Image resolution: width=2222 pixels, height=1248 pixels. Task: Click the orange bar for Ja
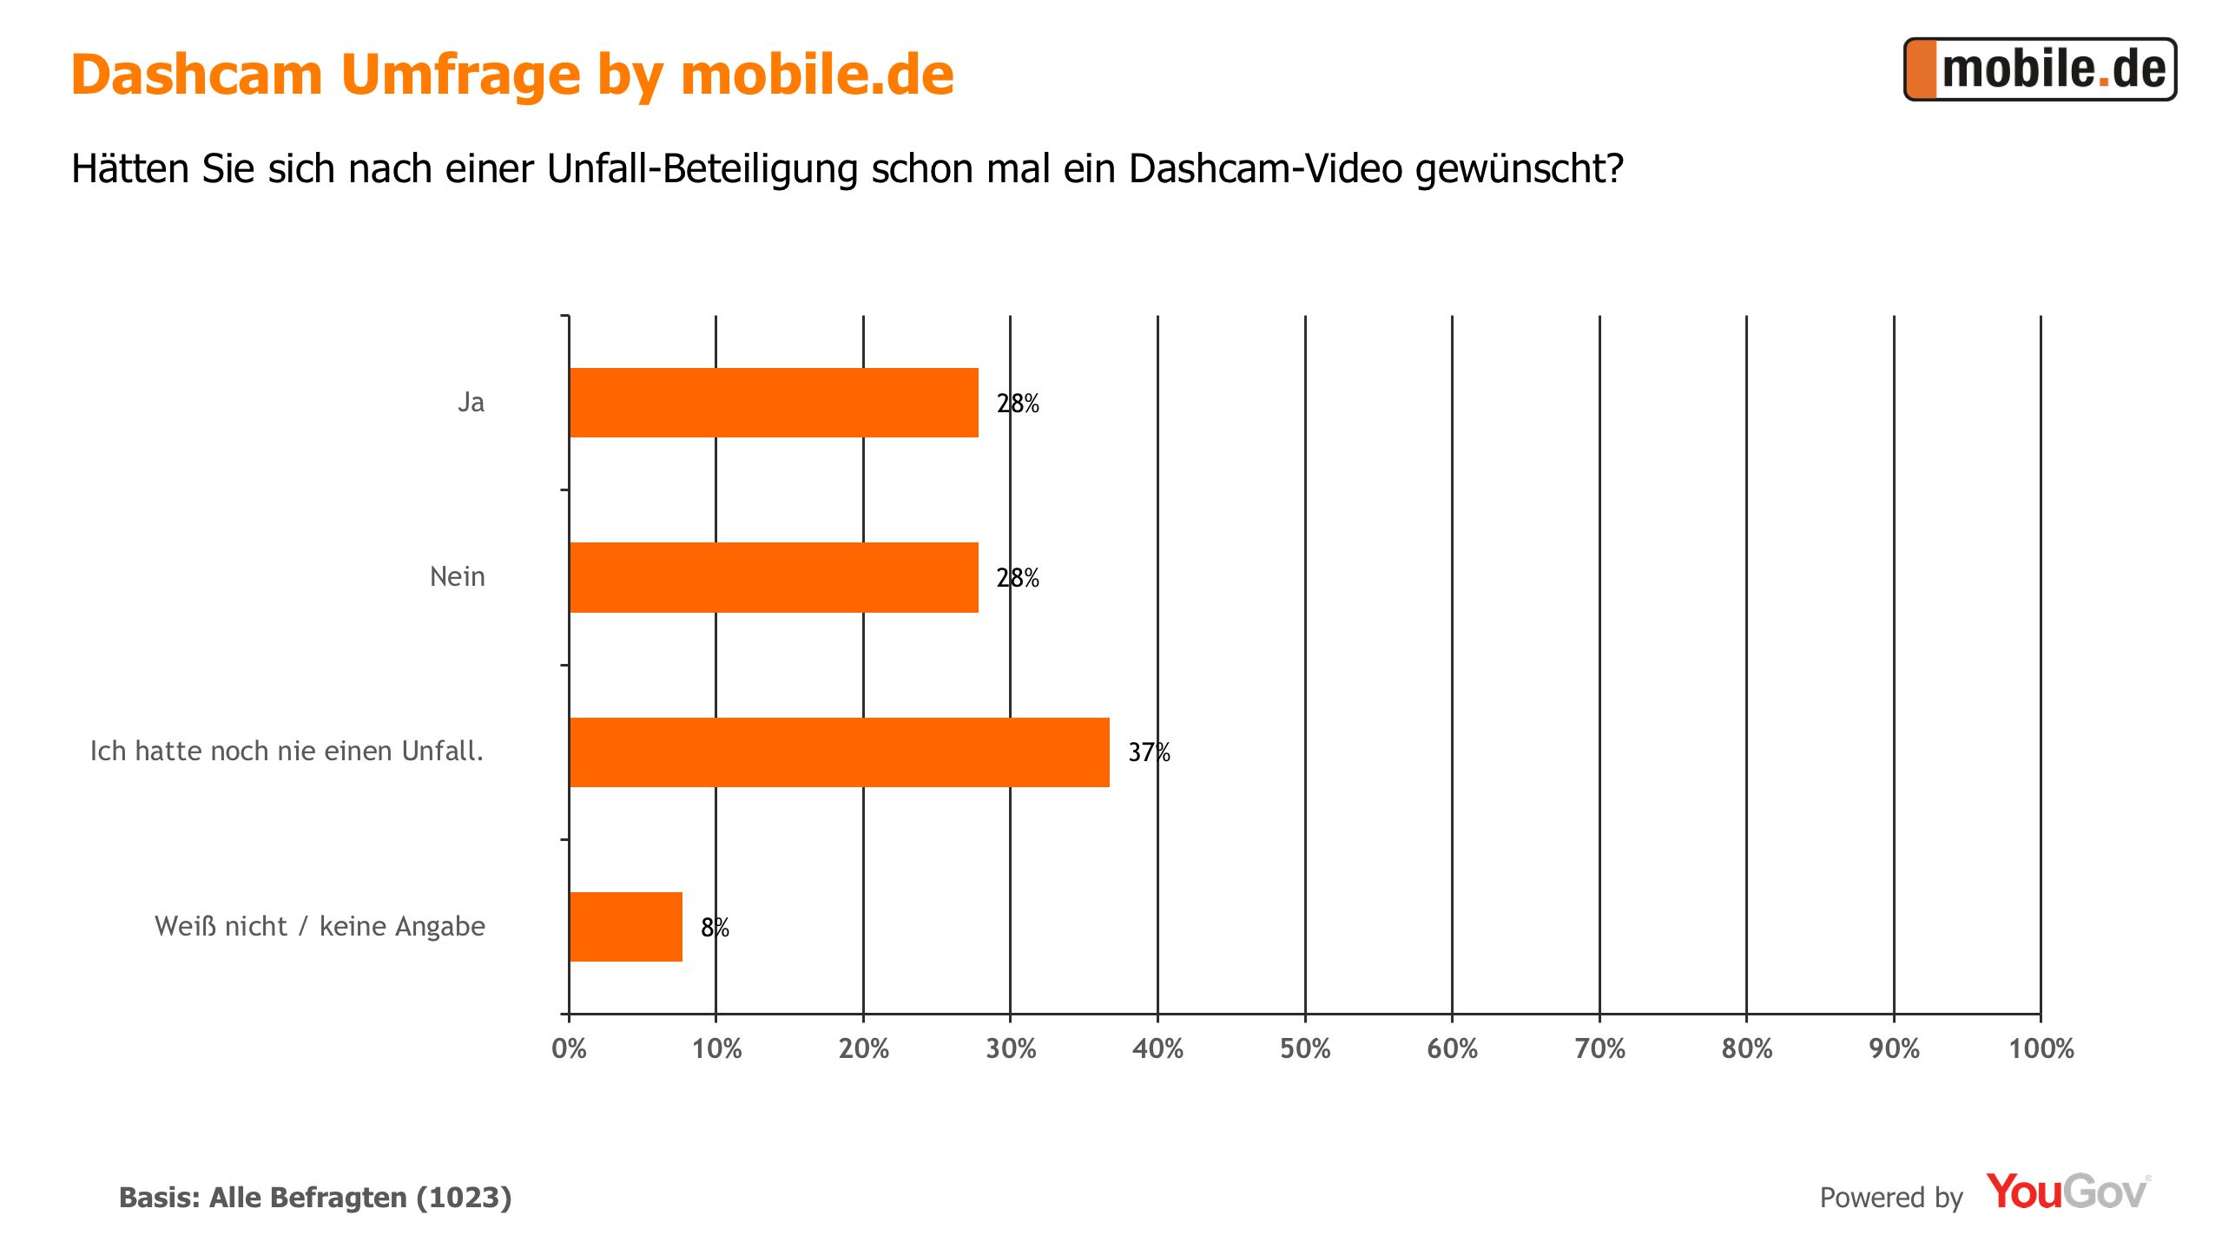(773, 403)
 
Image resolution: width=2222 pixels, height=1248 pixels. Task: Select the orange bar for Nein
(773, 577)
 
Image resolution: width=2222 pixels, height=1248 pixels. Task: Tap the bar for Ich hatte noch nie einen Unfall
(839, 752)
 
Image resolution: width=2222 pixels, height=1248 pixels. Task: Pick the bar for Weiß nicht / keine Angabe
(625, 927)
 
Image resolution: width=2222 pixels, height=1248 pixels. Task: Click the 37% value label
(1149, 752)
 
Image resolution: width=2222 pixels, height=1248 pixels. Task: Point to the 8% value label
(715, 928)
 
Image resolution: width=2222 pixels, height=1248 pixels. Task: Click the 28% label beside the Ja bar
(1018, 404)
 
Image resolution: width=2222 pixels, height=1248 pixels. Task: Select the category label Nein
(457, 577)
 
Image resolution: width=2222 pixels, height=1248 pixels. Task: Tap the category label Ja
(471, 403)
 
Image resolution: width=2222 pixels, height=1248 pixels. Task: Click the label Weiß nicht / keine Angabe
(320, 926)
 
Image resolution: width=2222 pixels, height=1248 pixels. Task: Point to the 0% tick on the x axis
(569, 1049)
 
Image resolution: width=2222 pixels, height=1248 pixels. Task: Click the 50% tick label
(1305, 1049)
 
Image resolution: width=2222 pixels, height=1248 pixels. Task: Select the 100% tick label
(2041, 1049)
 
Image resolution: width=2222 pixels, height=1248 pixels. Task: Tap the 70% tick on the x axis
(1599, 1049)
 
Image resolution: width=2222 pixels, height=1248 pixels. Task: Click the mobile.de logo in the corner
(2040, 69)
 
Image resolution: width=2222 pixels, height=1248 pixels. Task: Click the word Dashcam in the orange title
(197, 75)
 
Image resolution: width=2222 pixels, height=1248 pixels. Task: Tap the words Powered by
(1890, 1198)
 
